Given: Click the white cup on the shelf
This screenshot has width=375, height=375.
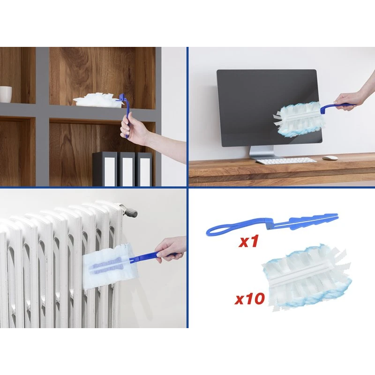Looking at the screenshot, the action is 6,94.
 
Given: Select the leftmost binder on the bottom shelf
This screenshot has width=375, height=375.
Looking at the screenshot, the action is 105,169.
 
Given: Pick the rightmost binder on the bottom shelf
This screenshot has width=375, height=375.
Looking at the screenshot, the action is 144,169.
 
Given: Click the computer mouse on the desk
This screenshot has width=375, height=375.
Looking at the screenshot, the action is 330,158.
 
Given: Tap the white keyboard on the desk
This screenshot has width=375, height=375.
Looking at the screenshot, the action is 286,161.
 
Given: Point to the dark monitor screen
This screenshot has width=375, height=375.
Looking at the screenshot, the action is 269,108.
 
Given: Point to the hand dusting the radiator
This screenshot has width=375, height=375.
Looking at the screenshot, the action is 171,249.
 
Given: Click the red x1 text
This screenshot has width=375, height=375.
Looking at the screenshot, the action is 249,242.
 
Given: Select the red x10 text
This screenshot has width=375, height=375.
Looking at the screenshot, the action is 250,299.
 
